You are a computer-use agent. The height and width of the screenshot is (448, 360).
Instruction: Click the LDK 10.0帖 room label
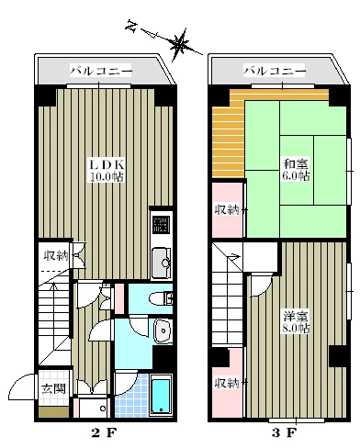click(x=105, y=170)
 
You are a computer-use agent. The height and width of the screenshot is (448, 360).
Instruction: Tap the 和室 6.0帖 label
click(x=296, y=170)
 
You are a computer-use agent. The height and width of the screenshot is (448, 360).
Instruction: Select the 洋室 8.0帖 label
click(x=296, y=322)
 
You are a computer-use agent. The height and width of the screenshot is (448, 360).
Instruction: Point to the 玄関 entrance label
click(x=52, y=388)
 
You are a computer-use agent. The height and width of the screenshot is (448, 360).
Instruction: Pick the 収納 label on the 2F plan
click(x=55, y=255)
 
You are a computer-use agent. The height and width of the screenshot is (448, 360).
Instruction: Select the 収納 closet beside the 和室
click(x=227, y=209)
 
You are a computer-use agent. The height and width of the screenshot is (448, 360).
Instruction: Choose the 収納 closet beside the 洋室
click(x=227, y=383)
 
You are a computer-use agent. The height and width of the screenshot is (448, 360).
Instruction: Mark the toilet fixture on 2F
click(x=161, y=297)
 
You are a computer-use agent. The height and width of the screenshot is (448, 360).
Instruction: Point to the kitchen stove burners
click(x=161, y=223)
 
